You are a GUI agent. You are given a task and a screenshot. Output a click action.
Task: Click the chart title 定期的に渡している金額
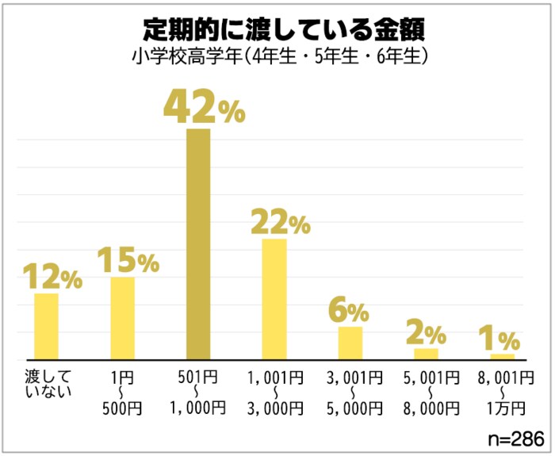(x=277, y=29)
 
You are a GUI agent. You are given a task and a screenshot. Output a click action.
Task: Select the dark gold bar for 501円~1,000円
(x=198, y=243)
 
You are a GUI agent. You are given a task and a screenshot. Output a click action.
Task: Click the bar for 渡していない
(x=46, y=326)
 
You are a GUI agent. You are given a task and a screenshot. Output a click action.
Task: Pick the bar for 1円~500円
(x=122, y=317)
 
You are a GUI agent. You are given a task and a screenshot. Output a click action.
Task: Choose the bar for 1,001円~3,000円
(x=274, y=298)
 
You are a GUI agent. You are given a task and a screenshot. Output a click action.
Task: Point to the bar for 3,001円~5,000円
(x=350, y=342)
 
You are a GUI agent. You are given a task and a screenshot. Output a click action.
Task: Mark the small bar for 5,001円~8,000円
(x=426, y=353)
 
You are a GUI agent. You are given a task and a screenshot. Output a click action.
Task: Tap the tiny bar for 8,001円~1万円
(x=502, y=356)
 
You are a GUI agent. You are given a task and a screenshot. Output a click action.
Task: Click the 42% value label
(x=203, y=108)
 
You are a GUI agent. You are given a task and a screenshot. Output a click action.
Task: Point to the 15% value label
(x=128, y=259)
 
